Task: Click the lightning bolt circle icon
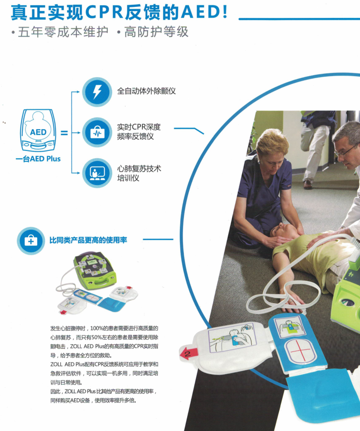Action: pos(97,92)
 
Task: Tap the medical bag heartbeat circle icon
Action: pos(97,133)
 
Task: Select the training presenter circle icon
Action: pos(97,173)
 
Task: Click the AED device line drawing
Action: pos(38,130)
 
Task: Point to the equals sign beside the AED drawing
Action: pos(64,133)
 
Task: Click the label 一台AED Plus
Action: pos(38,159)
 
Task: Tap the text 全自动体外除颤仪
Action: pos(146,91)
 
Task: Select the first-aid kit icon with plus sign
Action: pos(31,241)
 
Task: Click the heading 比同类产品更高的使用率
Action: pos(88,240)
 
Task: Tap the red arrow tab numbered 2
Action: pos(189,353)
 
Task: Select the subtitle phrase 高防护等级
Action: pos(156,32)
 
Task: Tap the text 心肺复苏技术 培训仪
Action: pos(139,173)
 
